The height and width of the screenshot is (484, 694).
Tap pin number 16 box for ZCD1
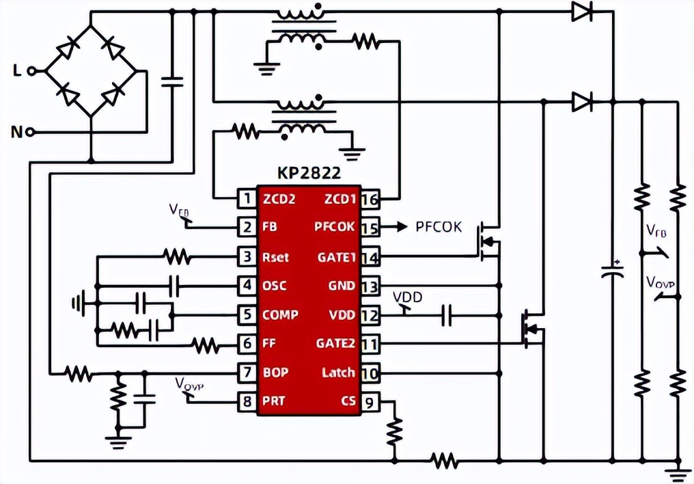point(370,199)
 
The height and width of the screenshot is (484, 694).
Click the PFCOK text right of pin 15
point(439,227)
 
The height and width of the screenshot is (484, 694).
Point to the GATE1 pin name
point(336,258)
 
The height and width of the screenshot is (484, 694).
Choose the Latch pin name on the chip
point(338,373)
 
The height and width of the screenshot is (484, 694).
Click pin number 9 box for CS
point(370,402)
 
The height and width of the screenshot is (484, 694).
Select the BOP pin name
point(275,373)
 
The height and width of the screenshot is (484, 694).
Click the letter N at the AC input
point(17,131)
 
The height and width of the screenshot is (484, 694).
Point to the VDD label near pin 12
point(407,297)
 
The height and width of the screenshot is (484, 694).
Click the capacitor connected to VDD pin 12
point(447,315)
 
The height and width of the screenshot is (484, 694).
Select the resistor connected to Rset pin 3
point(177,257)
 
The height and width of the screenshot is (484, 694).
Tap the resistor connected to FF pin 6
point(206,346)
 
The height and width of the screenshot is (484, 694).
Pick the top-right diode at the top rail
point(582,10)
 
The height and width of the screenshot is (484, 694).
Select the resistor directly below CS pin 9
point(393,430)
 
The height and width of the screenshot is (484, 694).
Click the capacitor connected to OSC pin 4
point(174,286)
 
